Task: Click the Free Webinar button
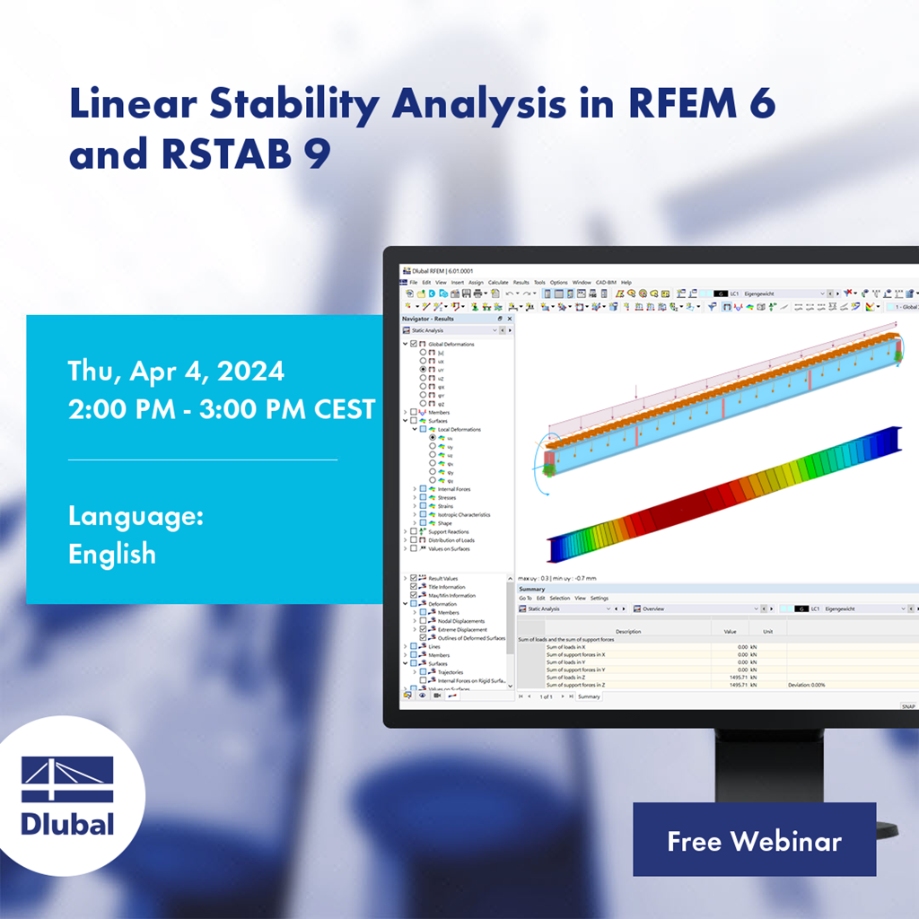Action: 754,840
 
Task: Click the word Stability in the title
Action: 296,107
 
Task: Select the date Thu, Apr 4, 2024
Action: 176,371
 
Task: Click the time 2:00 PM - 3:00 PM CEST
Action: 221,408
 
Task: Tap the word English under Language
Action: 111,554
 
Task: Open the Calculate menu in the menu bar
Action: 498,283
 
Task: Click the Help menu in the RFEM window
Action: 626,283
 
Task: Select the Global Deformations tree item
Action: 451,344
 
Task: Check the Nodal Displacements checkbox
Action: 424,621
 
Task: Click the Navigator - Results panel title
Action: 428,319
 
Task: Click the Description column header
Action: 628,632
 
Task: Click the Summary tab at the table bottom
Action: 589,696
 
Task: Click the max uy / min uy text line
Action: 556,578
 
